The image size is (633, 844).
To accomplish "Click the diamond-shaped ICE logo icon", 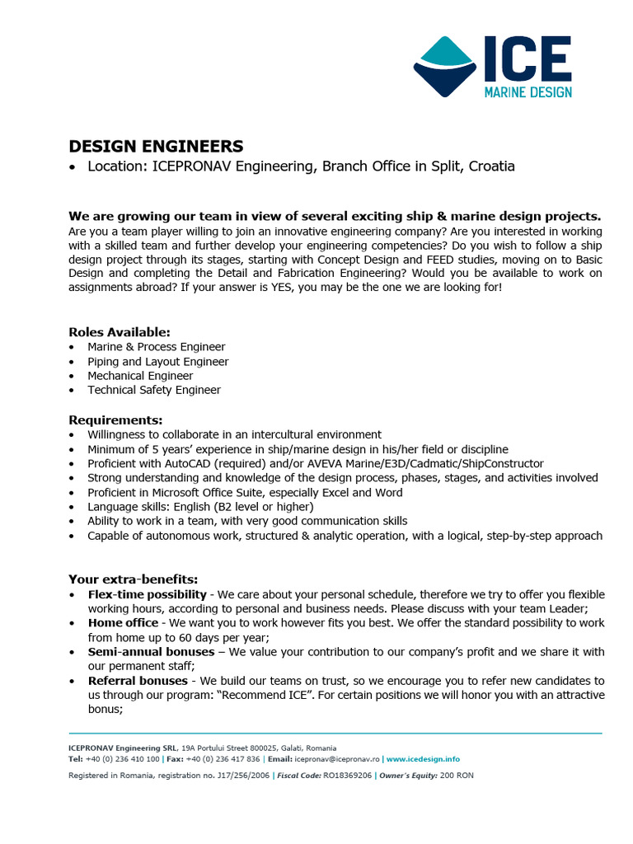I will click(446, 66).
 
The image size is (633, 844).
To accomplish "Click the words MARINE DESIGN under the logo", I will click(527, 91).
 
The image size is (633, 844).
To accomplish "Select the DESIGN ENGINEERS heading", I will click(156, 147).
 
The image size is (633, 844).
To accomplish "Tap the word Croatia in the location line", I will click(491, 166).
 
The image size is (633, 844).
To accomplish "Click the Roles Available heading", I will click(120, 332).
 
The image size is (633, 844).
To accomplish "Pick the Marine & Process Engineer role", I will click(157, 347).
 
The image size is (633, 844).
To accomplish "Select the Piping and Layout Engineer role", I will click(158, 362).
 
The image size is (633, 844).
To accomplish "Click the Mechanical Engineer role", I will click(140, 376).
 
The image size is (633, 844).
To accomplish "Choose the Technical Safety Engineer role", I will click(154, 390).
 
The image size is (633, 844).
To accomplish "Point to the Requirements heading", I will click(115, 420).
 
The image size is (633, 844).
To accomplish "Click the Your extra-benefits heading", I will click(133, 579).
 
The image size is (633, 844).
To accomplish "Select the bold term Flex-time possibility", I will click(148, 594).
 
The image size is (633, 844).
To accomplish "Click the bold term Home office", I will click(123, 623).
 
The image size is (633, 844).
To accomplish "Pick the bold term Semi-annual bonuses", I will click(151, 652).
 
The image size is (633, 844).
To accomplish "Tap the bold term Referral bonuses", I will click(138, 681).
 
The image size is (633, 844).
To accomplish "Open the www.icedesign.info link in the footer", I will click(423, 759).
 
